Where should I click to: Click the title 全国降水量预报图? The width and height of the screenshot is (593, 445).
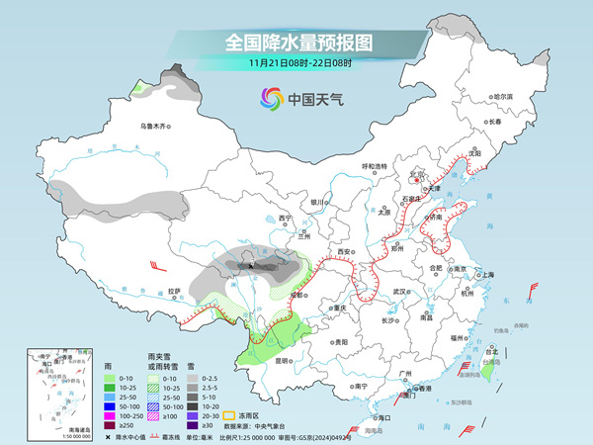(x=296, y=43)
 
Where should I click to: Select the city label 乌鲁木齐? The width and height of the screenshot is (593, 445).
(x=155, y=126)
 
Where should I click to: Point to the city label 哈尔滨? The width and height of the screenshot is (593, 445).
(x=504, y=97)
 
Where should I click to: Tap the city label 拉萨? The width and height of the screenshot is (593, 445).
(x=174, y=291)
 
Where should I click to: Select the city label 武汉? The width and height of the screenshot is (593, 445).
(x=400, y=293)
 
